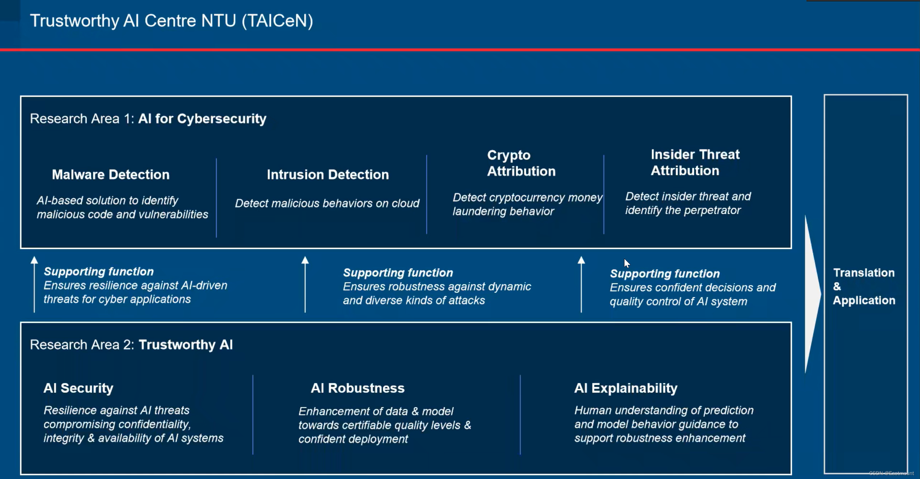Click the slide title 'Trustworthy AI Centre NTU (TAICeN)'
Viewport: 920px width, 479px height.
coord(171,21)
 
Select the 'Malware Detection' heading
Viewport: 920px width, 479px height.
coord(111,175)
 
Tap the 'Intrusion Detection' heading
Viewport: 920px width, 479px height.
coord(328,175)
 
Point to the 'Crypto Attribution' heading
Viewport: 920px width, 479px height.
coord(521,163)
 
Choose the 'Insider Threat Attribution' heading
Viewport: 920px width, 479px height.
coord(695,162)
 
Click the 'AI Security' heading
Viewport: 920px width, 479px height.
coord(78,388)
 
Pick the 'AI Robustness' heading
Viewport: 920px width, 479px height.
coord(357,388)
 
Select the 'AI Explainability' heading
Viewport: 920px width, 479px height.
coord(626,388)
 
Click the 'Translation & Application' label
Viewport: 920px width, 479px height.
coord(863,286)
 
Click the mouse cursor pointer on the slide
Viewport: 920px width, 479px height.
coord(627,263)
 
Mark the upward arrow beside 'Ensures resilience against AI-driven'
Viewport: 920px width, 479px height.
coord(34,284)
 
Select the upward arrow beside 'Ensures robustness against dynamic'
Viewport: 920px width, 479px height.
coord(305,284)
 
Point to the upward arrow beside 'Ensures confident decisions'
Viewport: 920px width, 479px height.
coord(581,284)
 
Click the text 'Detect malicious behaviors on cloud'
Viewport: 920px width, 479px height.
coord(327,203)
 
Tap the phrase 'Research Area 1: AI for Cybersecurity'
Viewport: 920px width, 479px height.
coord(148,119)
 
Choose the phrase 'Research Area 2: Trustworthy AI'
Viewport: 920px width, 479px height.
coord(131,345)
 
